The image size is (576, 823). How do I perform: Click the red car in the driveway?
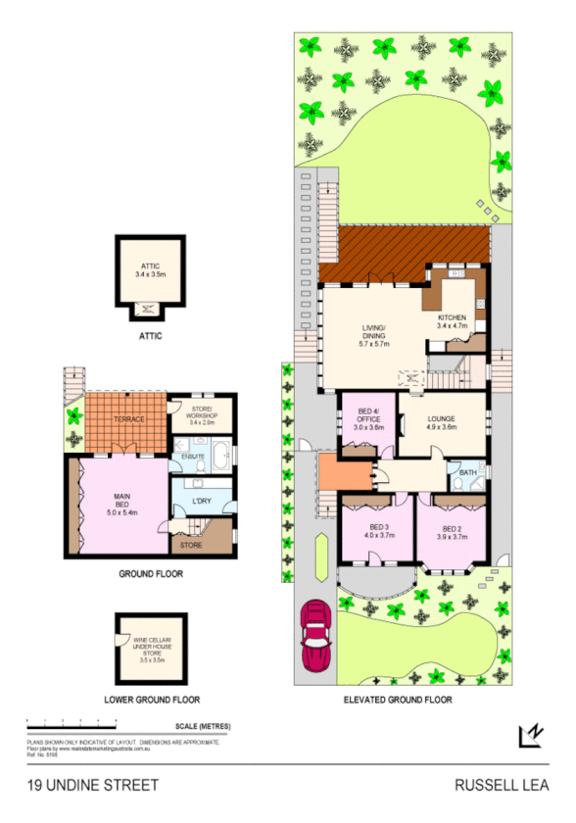317,635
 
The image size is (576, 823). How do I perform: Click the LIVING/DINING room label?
374,335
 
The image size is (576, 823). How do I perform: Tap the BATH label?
467,472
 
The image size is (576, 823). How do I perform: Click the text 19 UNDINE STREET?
92,786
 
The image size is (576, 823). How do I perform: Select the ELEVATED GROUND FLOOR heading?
398,700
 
